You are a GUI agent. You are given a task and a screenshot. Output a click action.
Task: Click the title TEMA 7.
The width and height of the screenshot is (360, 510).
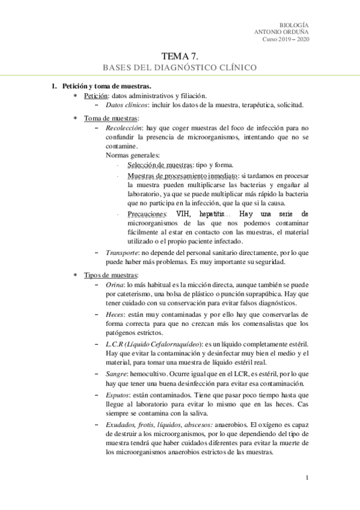(x=180, y=55)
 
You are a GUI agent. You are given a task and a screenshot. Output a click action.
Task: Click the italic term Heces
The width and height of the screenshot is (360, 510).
(x=115, y=315)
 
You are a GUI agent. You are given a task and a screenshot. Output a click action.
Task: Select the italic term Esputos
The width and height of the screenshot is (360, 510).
(x=118, y=395)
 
